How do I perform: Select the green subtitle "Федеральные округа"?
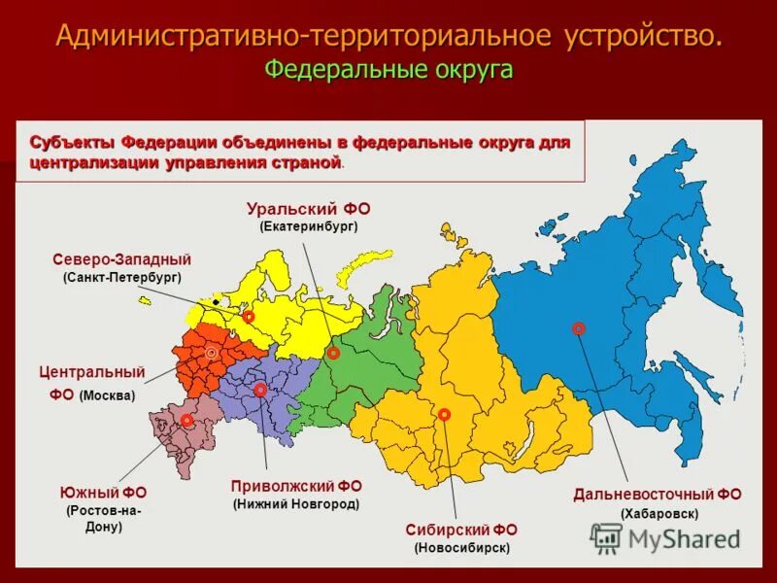388,70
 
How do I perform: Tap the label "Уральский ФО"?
309,209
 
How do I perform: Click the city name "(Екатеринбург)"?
309,226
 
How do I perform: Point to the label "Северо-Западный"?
121,259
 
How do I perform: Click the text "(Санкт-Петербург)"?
121,277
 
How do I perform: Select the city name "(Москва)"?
107,395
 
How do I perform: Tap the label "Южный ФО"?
103,493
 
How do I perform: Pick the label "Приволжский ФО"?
296,486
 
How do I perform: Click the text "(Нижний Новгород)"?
296,504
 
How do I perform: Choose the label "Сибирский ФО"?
461,530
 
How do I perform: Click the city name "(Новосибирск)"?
461,548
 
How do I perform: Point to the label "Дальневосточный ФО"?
658,495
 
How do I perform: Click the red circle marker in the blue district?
579,328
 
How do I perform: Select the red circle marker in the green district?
333,354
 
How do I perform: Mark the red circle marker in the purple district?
260,390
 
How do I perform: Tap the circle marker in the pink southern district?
186,420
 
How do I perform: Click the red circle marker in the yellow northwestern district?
249,317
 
